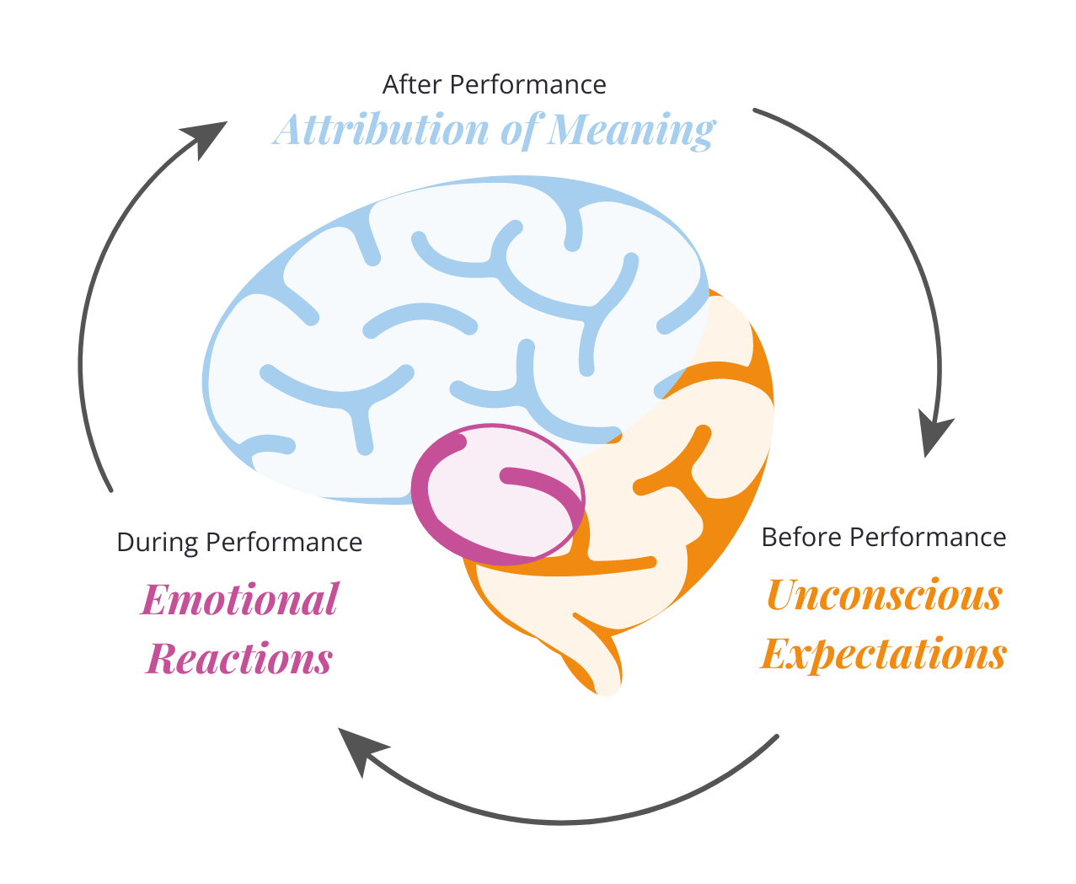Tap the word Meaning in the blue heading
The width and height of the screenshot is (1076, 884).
[x=631, y=131]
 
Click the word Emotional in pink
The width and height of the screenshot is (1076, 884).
[x=240, y=600]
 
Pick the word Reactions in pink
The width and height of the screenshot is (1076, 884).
[x=240, y=658]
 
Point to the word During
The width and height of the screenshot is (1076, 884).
[x=158, y=542]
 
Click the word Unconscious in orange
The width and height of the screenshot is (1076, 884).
[x=884, y=595]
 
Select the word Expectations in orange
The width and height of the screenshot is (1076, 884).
[x=884, y=653]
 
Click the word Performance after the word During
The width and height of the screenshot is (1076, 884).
[x=284, y=542]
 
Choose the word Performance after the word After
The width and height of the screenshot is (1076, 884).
[x=527, y=85]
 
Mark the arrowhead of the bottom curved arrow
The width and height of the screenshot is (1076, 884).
[x=361, y=749]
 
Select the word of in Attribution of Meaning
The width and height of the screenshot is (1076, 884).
[x=519, y=131]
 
